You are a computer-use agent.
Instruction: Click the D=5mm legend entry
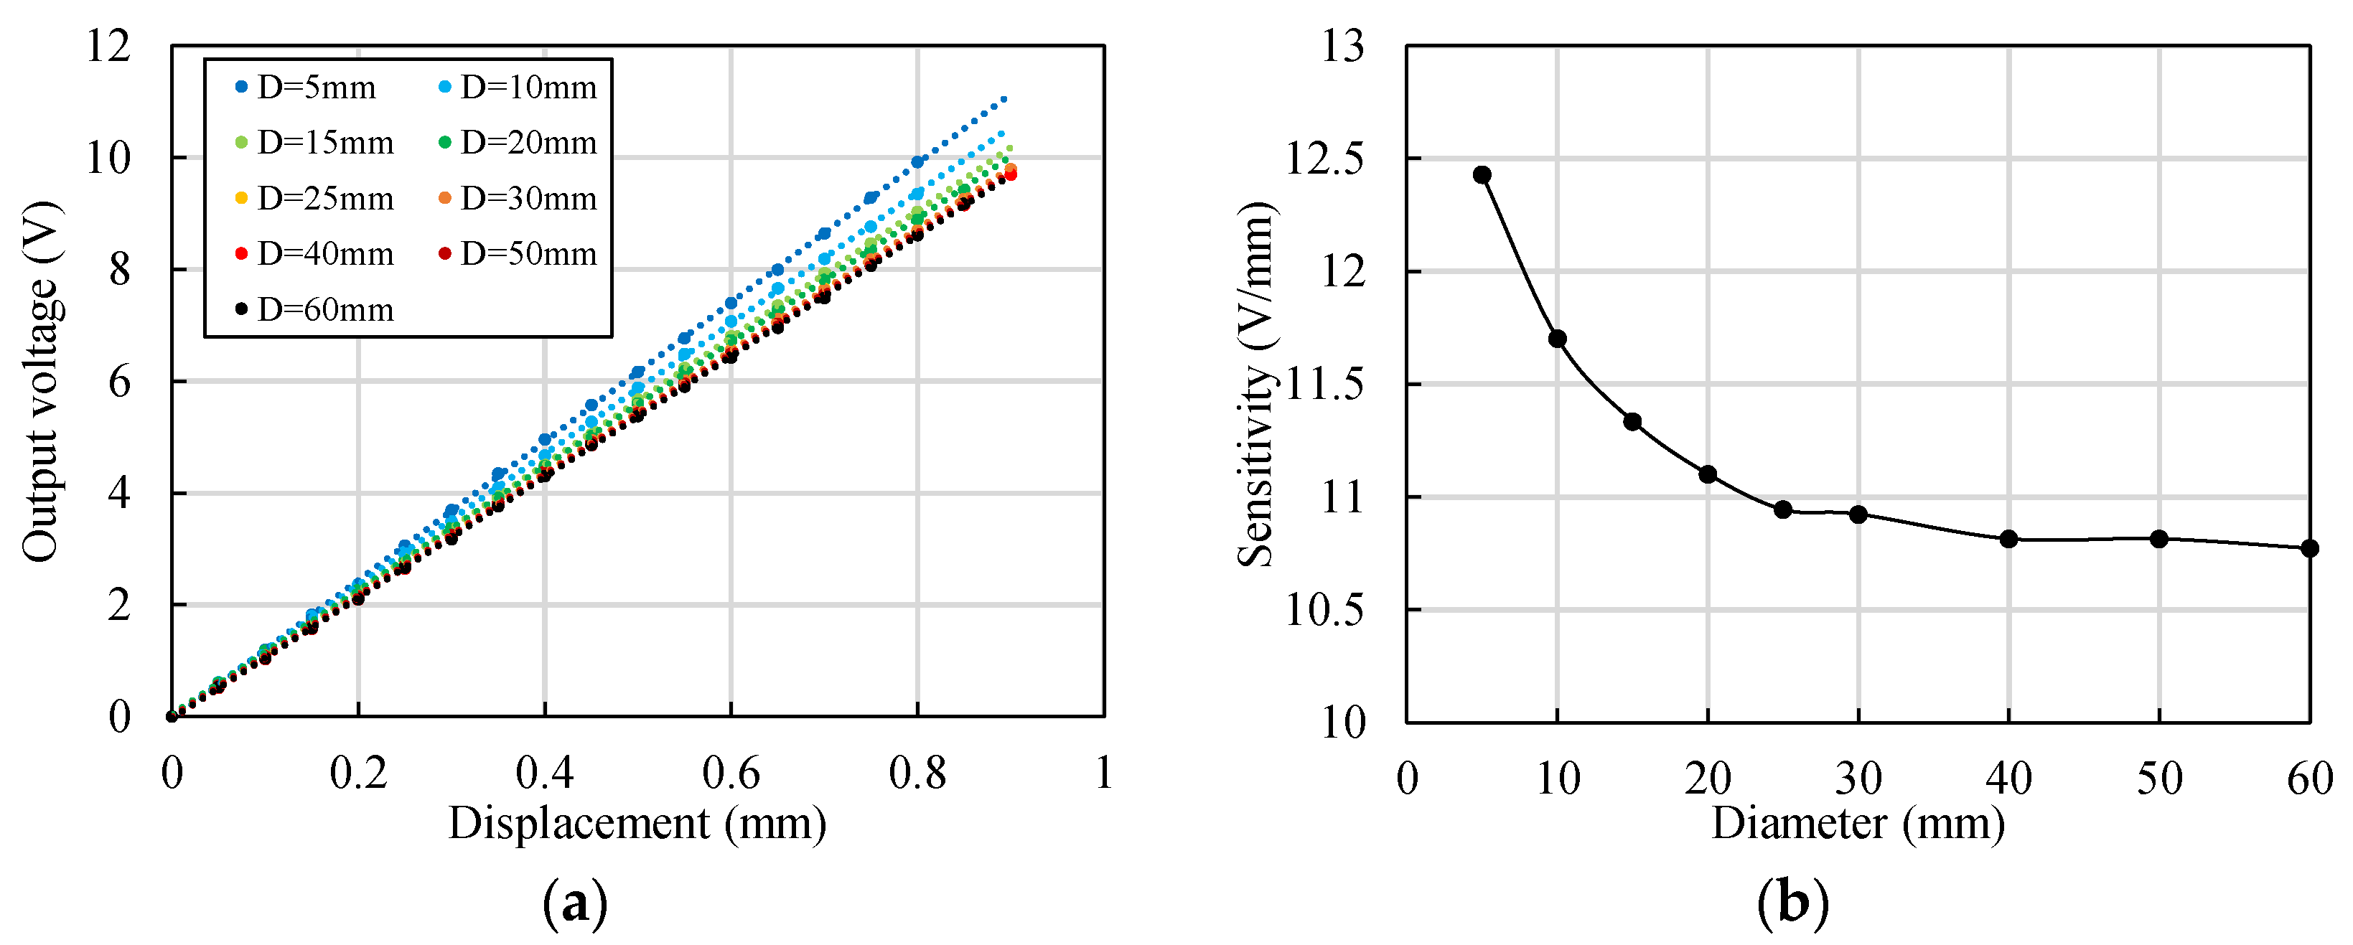pos(305,88)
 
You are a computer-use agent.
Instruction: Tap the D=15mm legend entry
pos(314,143)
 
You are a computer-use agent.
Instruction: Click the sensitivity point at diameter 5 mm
pos(1482,175)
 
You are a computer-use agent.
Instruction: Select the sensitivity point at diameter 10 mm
pos(1558,339)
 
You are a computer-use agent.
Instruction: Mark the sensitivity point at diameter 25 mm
pos(1783,509)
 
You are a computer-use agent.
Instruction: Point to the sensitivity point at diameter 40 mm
pos(2008,539)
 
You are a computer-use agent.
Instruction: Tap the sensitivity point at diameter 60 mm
pos(2310,547)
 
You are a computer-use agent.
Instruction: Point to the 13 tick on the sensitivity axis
pos(1343,46)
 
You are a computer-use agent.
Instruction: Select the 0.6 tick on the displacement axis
pos(730,774)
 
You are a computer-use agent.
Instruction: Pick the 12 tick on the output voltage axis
pos(108,46)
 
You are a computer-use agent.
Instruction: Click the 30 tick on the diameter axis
pos(1858,779)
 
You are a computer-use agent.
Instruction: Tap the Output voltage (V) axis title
pos(41,381)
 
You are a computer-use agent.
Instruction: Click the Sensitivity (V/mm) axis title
pos(1257,383)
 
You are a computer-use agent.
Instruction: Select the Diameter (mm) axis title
pos(1858,824)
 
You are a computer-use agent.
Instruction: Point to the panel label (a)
pos(574,904)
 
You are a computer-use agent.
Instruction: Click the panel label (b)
pos(1793,904)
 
